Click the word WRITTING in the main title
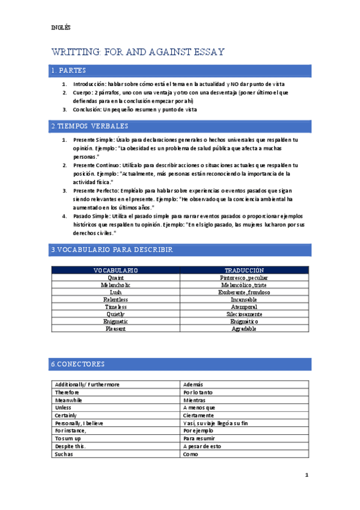[x=77, y=52]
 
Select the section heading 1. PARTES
[x=69, y=71]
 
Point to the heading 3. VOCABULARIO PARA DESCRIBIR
[x=112, y=249]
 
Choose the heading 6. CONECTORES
[x=78, y=364]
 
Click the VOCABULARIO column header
[x=115, y=271]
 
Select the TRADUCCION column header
[x=244, y=271]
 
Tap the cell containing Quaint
[x=115, y=278]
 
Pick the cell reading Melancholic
[x=115, y=285]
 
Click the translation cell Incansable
[x=244, y=300]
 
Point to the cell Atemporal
[x=244, y=307]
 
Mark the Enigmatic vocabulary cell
[x=115, y=322]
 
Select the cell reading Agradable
[x=244, y=329]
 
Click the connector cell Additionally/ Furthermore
[x=87, y=384]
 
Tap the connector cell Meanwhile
[x=69, y=400]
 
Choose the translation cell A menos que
[x=200, y=408]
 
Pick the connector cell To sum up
[x=68, y=439]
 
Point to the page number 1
[x=307, y=475]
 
